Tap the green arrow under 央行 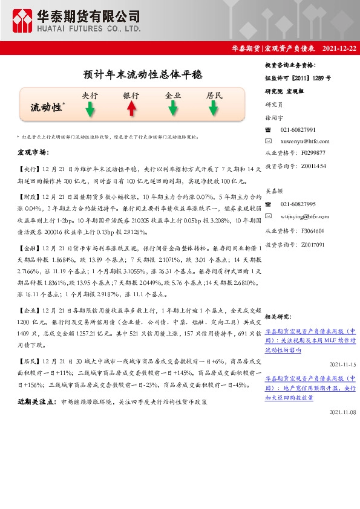point(90,109)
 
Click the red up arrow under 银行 point(131,109)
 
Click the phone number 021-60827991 point(298,130)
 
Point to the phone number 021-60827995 point(298,205)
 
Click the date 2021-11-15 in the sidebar point(343,365)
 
